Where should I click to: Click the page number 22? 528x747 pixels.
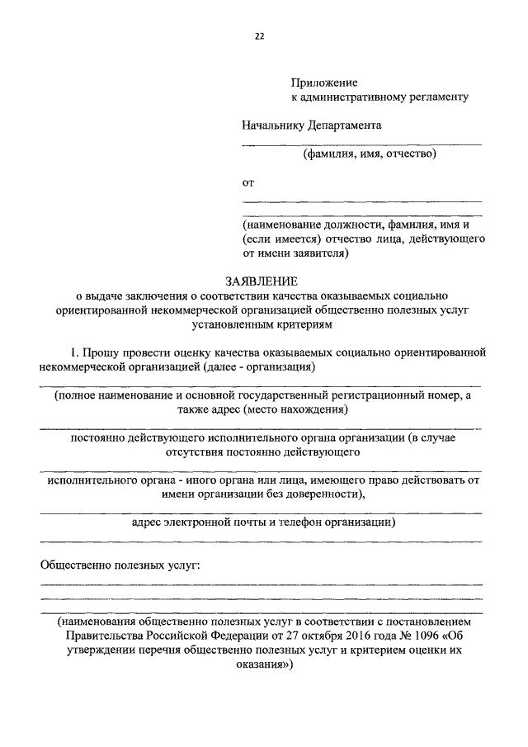[260, 35]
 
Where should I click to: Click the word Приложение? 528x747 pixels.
[324, 83]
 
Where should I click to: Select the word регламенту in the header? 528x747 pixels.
[435, 97]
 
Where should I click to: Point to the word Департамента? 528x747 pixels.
[345, 125]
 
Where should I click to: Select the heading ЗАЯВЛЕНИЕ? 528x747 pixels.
[260, 280]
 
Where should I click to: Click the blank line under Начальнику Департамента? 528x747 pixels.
[361, 144]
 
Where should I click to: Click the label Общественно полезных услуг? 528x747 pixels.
[120, 565]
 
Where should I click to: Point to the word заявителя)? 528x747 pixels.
[323, 253]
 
